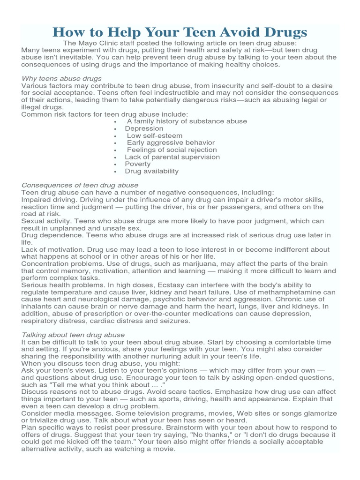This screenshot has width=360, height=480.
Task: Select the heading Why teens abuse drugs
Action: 61,78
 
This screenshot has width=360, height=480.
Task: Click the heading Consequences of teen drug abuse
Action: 80,185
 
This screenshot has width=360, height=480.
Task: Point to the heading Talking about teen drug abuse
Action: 73,335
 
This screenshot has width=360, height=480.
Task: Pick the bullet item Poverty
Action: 138,164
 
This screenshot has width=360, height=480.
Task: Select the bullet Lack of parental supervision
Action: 172,157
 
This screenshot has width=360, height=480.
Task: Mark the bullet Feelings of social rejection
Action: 171,150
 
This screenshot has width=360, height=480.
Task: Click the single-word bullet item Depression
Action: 144,128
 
